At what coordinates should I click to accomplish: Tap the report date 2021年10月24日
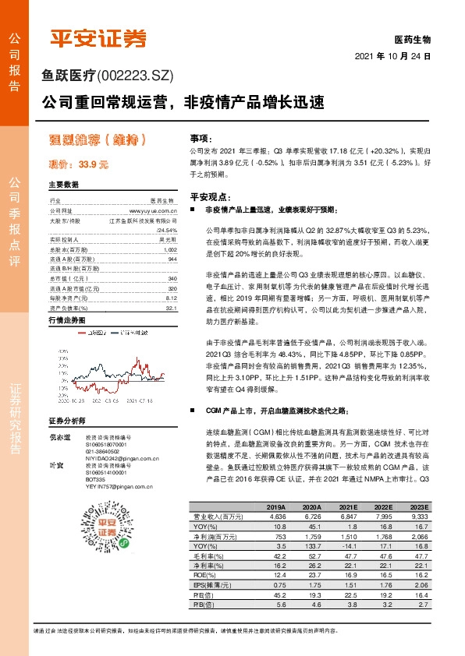(393, 58)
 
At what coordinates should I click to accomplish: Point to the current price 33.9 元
(79, 164)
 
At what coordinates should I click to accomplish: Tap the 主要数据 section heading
(64, 185)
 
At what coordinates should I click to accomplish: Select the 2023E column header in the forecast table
(420, 506)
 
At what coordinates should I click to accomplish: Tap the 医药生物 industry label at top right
(414, 39)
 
